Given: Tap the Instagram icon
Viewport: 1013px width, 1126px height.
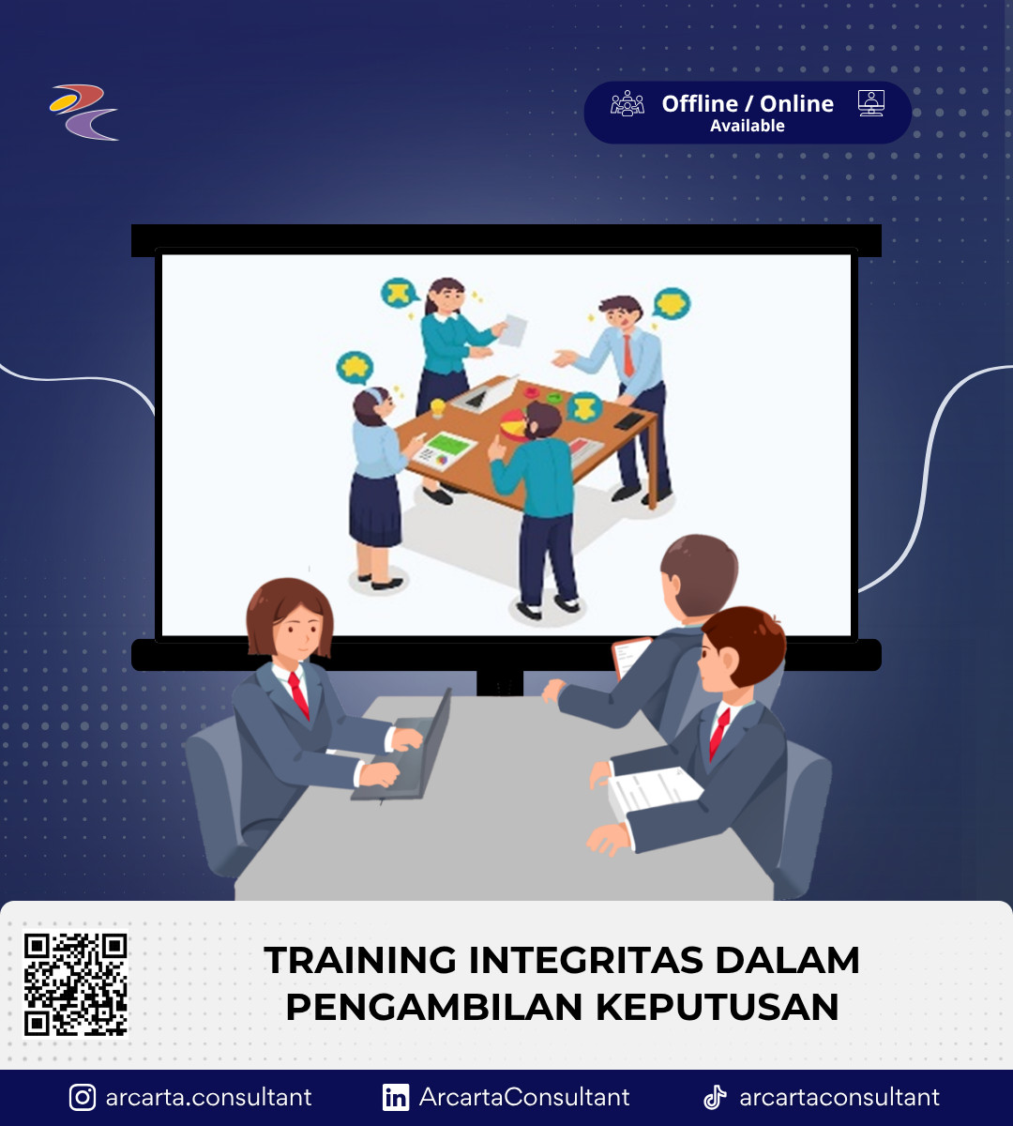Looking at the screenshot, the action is click(x=82, y=1097).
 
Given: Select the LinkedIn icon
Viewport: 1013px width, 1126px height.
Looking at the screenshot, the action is click(x=396, y=1097).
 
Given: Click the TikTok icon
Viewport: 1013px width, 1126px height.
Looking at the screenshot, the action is click(x=715, y=1097).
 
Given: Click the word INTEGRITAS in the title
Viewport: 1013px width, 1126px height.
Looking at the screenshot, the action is click(x=586, y=960).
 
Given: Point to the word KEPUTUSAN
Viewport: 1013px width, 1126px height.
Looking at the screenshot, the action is click(x=718, y=1007).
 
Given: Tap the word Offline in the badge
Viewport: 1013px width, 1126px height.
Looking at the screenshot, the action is click(x=700, y=104).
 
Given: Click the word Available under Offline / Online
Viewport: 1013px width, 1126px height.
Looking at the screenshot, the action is click(x=747, y=126).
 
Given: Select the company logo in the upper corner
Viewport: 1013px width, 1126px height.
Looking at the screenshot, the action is click(x=83, y=113).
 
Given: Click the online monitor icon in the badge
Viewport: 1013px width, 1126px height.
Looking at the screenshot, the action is click(x=871, y=103).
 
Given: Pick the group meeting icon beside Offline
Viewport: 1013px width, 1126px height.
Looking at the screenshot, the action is click(x=627, y=103).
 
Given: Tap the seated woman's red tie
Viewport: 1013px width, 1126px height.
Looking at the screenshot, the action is click(x=298, y=695).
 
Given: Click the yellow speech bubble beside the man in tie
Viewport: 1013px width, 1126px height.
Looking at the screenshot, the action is click(x=672, y=303).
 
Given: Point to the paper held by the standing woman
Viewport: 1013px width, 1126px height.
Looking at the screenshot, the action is click(x=512, y=330).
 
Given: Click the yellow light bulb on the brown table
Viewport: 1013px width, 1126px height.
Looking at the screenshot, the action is click(x=437, y=407).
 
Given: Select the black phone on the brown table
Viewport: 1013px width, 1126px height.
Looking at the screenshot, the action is click(x=629, y=421).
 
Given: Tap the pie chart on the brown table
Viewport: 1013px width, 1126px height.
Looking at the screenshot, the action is click(x=513, y=425).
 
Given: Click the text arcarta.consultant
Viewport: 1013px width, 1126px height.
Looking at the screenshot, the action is click(x=208, y=1097).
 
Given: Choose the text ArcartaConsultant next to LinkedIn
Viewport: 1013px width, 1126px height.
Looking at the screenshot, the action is click(x=524, y=1097).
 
